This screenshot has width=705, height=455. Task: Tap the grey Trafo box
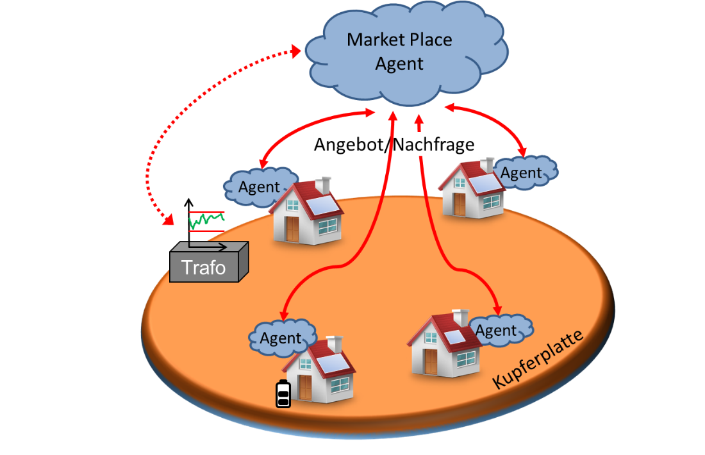tap(204, 266)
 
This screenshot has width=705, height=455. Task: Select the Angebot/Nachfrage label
tap(394, 145)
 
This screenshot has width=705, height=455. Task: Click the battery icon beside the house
tap(283, 394)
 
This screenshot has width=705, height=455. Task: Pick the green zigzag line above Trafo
tap(206, 220)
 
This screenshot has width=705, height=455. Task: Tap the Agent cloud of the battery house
tap(281, 338)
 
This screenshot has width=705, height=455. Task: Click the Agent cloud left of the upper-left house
tap(258, 187)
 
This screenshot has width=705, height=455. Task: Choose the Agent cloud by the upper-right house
tap(521, 172)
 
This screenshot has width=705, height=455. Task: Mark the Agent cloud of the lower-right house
tap(497, 331)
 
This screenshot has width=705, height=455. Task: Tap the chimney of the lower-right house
tap(460, 317)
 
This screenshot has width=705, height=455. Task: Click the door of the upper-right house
tap(459, 203)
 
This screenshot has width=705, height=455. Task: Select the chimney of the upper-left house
tap(322, 184)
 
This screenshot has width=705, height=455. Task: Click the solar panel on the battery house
tap(335, 364)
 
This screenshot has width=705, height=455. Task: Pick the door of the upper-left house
tap(293, 229)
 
